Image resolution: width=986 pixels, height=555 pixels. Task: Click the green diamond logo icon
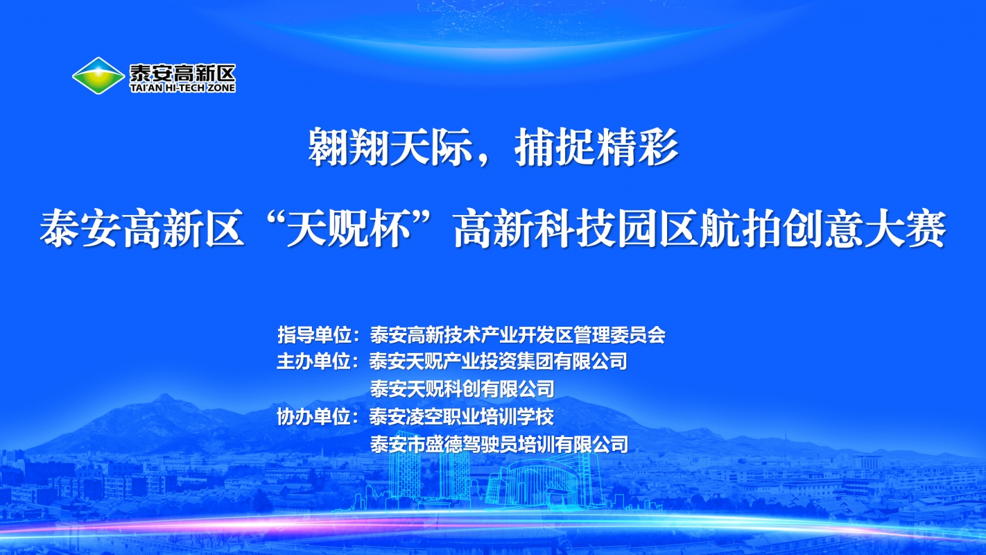point(98,76)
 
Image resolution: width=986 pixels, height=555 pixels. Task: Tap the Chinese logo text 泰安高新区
point(182,71)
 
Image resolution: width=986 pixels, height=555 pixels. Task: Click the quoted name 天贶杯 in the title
point(364,230)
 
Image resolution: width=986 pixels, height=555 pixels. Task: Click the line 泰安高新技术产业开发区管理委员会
point(517,335)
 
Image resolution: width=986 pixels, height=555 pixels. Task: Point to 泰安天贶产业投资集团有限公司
point(499,361)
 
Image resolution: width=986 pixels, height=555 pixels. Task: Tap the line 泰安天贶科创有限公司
point(462,388)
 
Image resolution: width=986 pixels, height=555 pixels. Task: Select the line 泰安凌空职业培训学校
point(462,417)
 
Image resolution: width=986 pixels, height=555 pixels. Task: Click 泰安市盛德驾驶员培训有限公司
point(499,444)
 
